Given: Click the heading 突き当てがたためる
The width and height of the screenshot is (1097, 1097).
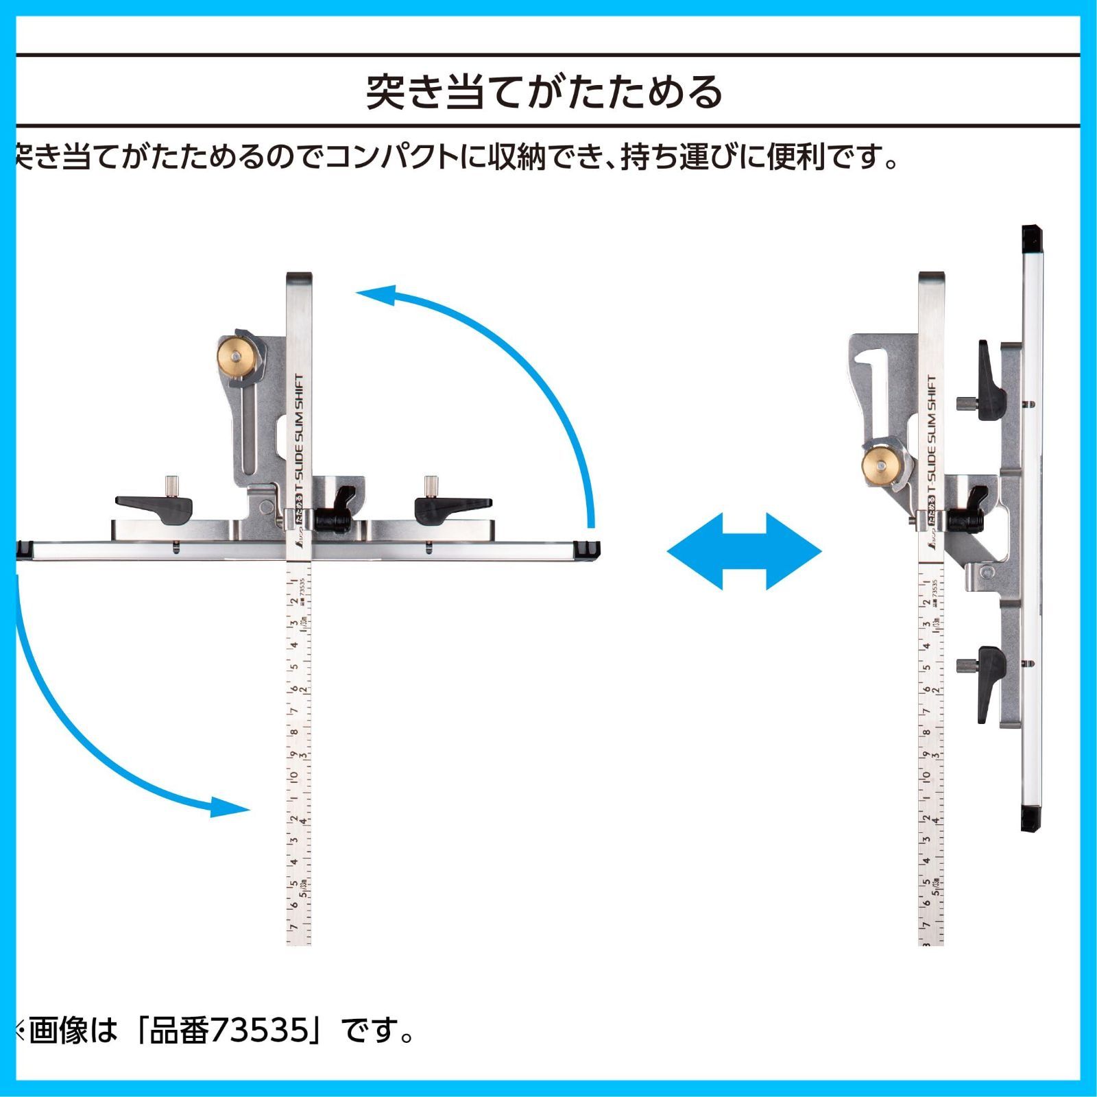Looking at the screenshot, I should coord(545,93).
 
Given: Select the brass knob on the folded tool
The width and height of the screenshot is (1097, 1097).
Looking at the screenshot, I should coord(880,465).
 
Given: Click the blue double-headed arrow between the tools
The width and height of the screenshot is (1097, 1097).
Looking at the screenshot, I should coord(744,551).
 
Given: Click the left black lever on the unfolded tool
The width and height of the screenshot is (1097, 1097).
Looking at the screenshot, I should coord(155,507).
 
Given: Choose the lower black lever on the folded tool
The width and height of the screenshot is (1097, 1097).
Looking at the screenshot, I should coord(991,682).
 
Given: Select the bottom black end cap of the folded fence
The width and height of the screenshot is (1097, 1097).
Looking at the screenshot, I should coord(1031,819).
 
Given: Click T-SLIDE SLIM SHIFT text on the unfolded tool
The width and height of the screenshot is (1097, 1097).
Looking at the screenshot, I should coord(299,439).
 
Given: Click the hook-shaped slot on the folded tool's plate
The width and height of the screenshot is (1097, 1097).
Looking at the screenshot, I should coord(871,363).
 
